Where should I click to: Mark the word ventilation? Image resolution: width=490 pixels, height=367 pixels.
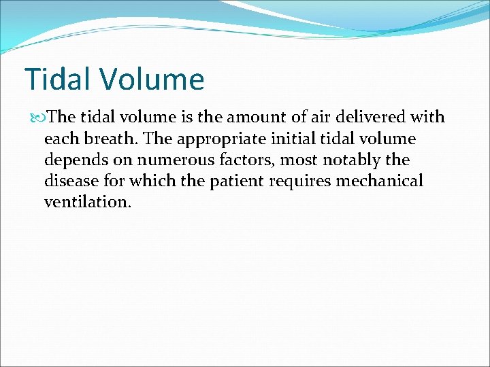click(87, 203)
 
